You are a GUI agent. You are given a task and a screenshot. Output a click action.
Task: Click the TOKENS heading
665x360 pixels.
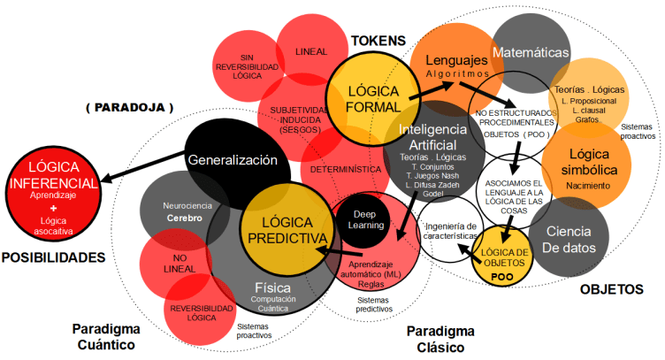[378, 41]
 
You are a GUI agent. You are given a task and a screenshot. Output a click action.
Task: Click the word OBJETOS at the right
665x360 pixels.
[611, 289]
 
